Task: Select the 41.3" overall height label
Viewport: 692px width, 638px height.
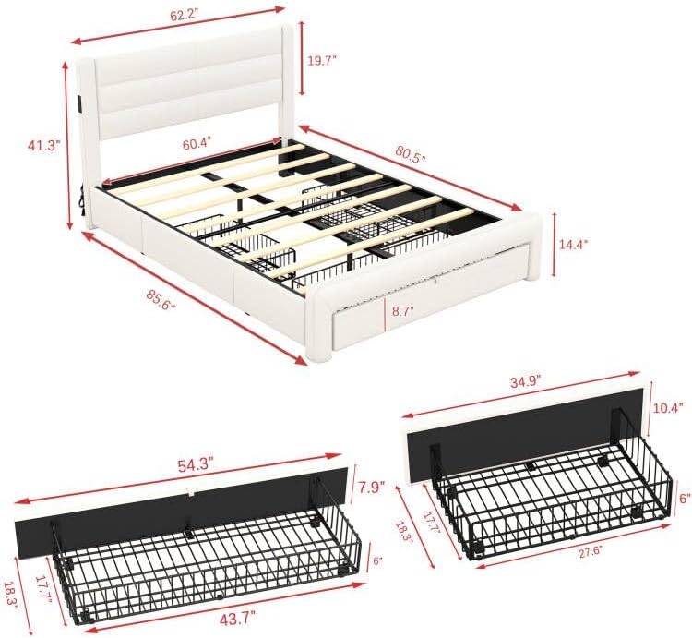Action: tap(42, 145)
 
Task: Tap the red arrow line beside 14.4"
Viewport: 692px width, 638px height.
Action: tap(554, 244)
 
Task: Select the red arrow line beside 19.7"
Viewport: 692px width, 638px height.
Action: tap(301, 61)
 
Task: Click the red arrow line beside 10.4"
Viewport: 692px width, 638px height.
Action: tap(650, 406)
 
